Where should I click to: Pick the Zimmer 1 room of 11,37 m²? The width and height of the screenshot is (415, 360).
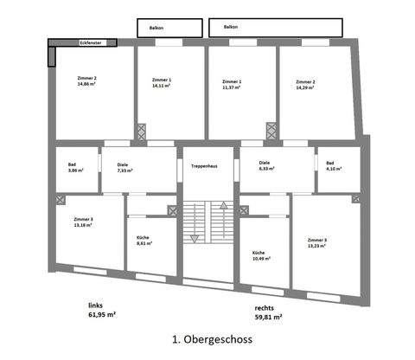(x=232, y=84)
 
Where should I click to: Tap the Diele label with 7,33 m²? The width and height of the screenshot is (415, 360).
(x=123, y=167)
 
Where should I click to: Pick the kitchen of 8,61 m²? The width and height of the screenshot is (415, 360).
(x=144, y=241)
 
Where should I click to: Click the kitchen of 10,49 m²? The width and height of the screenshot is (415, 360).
(x=261, y=255)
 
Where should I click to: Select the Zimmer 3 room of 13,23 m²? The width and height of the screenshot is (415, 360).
(x=317, y=242)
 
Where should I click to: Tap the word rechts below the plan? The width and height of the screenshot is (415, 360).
(x=265, y=307)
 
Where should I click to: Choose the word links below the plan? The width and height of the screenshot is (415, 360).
(x=96, y=305)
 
